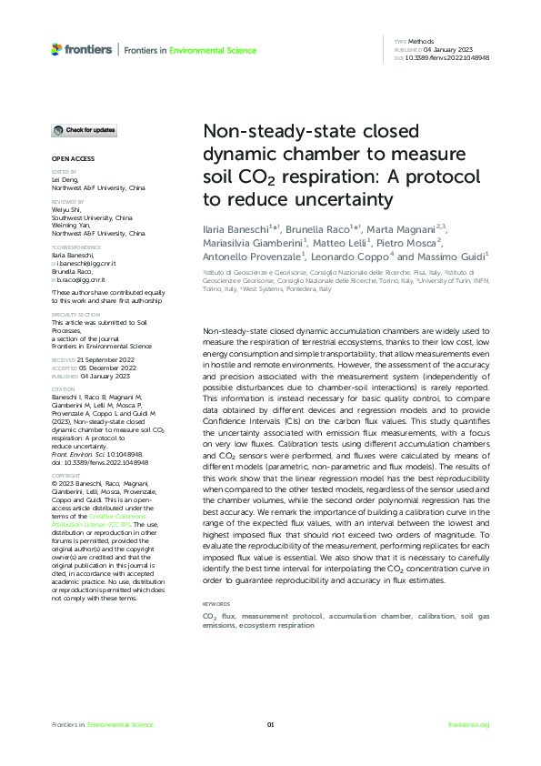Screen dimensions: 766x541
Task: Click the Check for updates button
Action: (x=83, y=131)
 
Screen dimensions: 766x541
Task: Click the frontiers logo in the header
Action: (x=82, y=49)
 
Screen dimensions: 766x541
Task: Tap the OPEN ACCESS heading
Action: (x=70, y=158)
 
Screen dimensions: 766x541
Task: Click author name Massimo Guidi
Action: (x=458, y=257)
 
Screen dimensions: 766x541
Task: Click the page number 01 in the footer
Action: (x=270, y=724)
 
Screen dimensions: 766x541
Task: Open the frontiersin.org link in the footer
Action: (x=469, y=724)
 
